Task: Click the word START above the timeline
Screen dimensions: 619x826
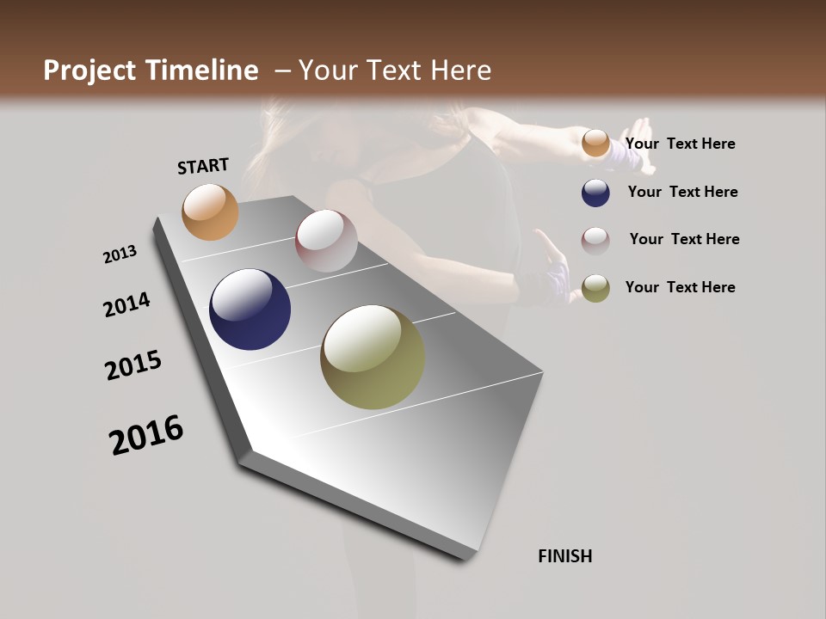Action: click(x=203, y=166)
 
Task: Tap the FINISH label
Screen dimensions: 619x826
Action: click(x=564, y=556)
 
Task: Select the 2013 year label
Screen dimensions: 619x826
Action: click(x=120, y=254)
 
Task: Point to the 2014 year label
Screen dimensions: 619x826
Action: click(x=126, y=305)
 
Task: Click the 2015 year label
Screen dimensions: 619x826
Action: click(x=133, y=365)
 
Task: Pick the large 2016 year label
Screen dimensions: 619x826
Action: click(x=146, y=435)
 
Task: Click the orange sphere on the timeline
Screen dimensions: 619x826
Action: click(x=210, y=211)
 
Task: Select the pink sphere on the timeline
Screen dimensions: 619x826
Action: click(x=326, y=241)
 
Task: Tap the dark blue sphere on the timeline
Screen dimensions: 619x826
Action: click(x=250, y=309)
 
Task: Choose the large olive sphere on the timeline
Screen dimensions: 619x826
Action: click(x=373, y=357)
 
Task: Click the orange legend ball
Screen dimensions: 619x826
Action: click(x=595, y=144)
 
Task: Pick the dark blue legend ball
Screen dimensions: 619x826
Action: click(x=595, y=193)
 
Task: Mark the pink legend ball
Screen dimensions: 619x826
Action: click(x=595, y=241)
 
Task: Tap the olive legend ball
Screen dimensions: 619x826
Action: click(x=595, y=288)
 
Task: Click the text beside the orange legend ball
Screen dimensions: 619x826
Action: click(x=680, y=144)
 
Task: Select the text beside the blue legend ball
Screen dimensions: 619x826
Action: click(x=682, y=192)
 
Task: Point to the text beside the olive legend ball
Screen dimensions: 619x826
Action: click(x=680, y=287)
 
